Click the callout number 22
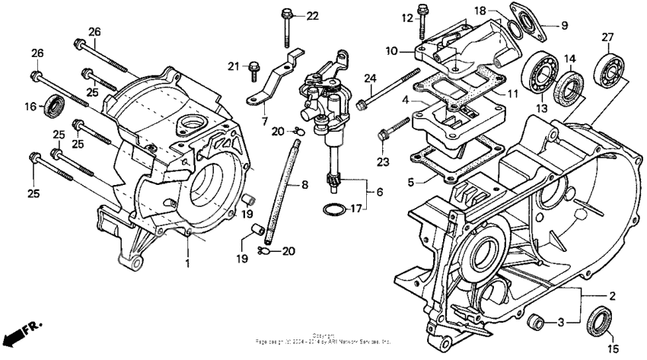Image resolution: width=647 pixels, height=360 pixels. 313,17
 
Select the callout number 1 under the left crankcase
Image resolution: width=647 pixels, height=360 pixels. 187,263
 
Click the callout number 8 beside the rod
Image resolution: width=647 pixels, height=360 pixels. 304,185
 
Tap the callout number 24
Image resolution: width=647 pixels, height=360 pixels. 370,78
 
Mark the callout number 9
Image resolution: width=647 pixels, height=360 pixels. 564,26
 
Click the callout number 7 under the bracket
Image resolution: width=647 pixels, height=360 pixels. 263,121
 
